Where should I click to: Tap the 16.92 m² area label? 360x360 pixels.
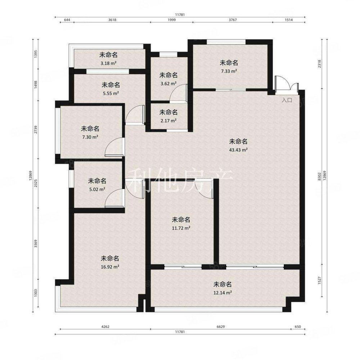110,267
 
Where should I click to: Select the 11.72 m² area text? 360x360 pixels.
181,228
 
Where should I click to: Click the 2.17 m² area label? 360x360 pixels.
168,121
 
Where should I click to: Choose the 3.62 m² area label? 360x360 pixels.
168,84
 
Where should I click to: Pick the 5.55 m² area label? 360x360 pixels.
111,93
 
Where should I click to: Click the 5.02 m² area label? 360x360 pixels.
97,189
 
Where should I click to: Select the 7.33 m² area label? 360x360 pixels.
229,71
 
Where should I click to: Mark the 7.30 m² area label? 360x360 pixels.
90,137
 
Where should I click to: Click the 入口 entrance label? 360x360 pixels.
287,100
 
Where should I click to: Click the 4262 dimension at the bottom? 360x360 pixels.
105,327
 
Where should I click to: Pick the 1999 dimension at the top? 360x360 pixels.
171,20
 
